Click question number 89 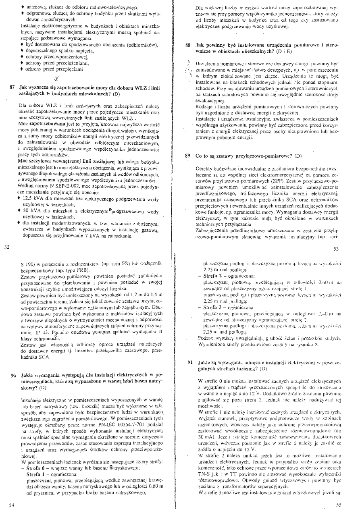[x=188, y=155]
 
